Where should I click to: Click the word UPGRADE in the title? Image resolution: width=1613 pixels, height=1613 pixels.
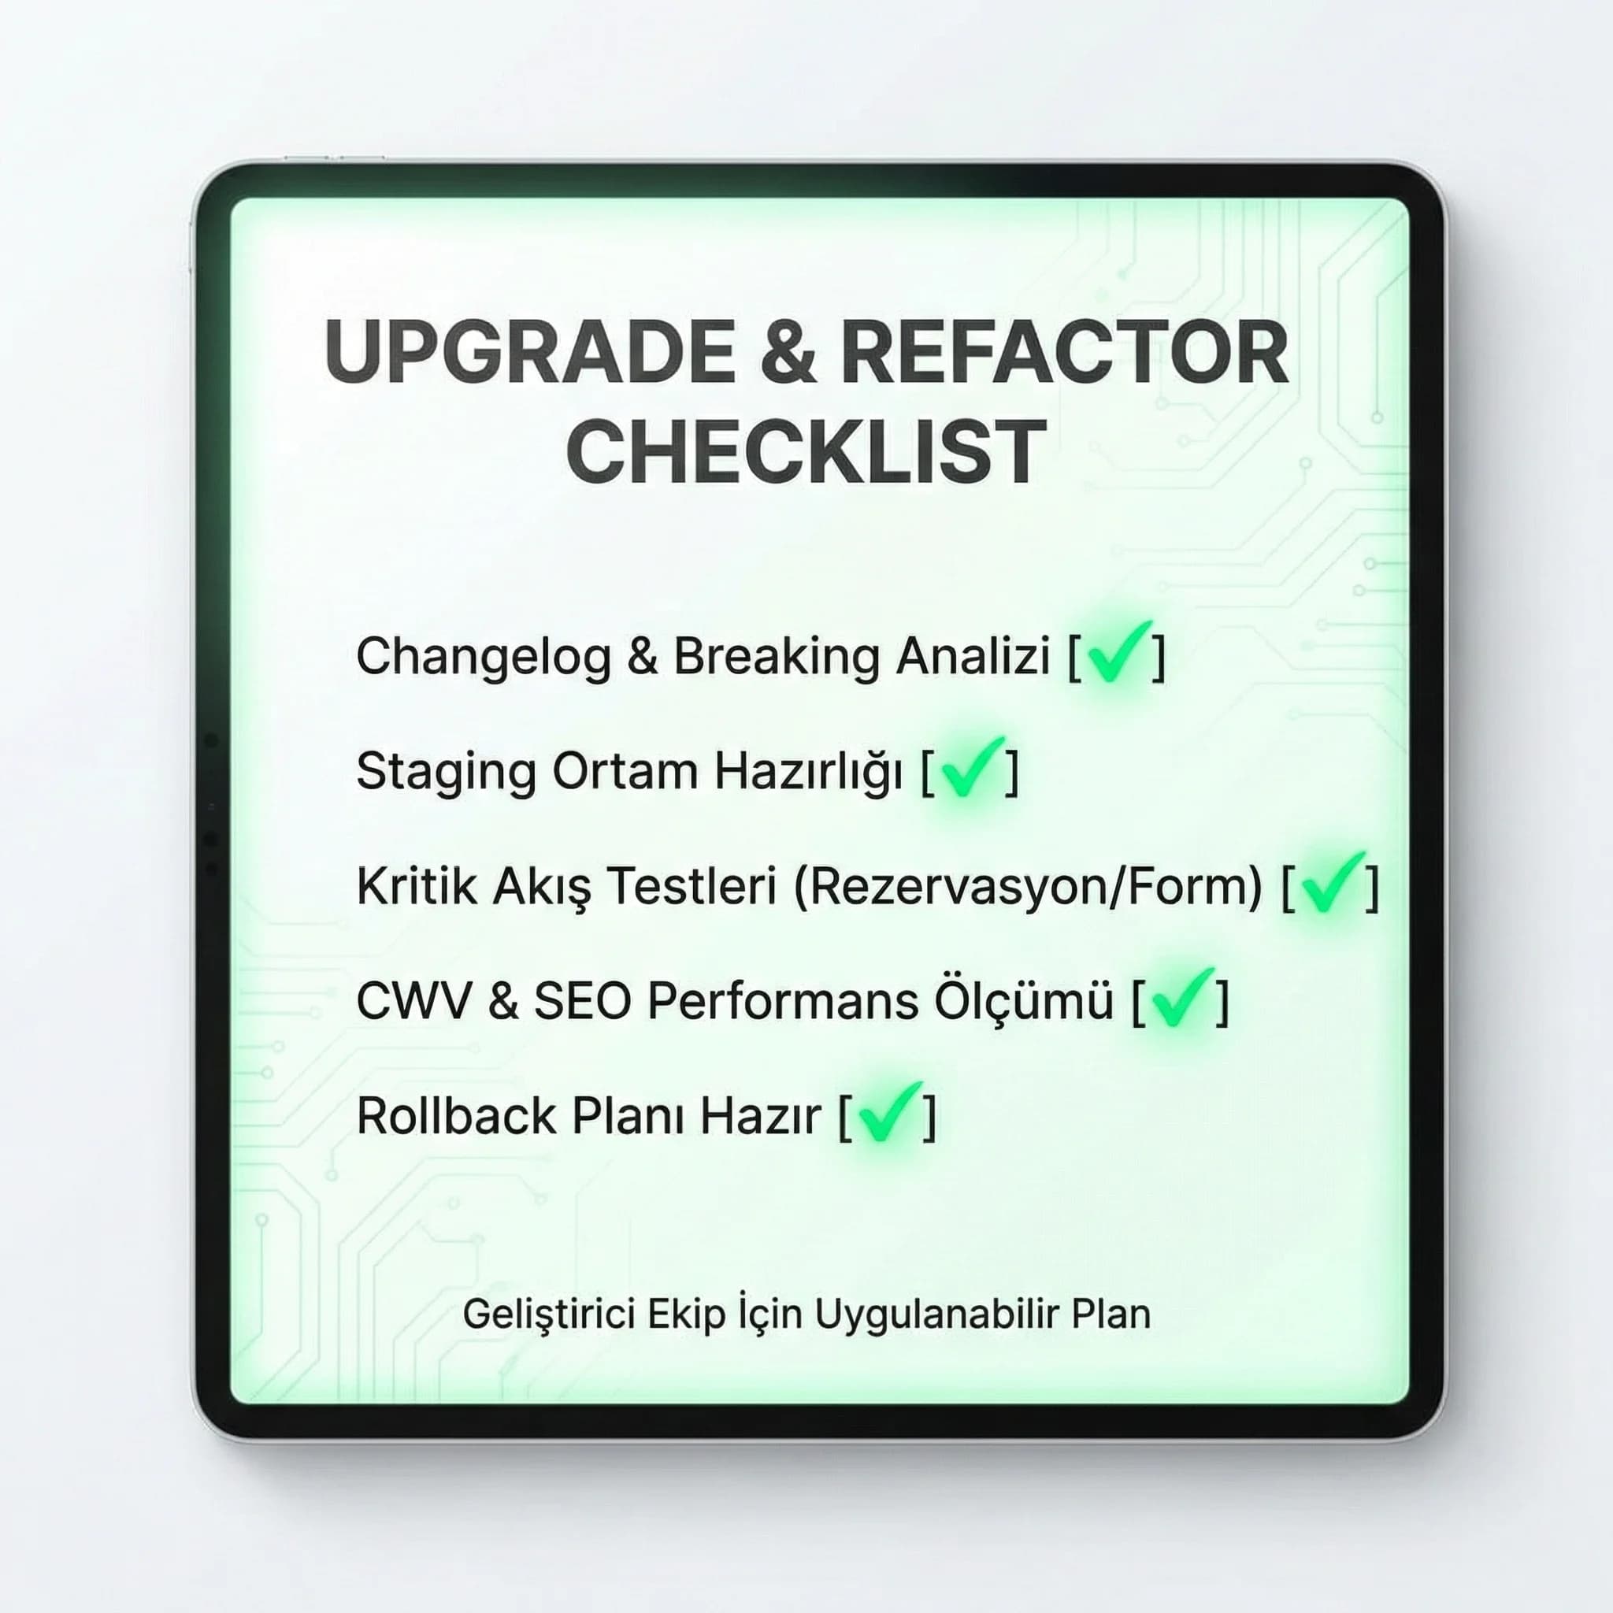point(528,352)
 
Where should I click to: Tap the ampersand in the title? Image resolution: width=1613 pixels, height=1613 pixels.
point(787,352)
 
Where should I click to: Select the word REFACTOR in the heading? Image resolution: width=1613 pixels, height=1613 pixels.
point(1065,352)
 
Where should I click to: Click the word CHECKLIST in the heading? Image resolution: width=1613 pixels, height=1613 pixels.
point(806,451)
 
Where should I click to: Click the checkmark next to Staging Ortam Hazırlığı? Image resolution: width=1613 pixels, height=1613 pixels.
point(970,769)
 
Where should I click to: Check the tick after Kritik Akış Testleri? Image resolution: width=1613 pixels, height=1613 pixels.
point(1331,884)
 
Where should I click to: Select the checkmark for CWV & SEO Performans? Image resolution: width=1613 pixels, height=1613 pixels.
point(1181,999)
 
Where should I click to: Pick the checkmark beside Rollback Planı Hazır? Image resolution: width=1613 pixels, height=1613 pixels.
point(888,1114)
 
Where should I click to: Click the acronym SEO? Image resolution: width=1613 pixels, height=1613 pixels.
point(582,1001)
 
